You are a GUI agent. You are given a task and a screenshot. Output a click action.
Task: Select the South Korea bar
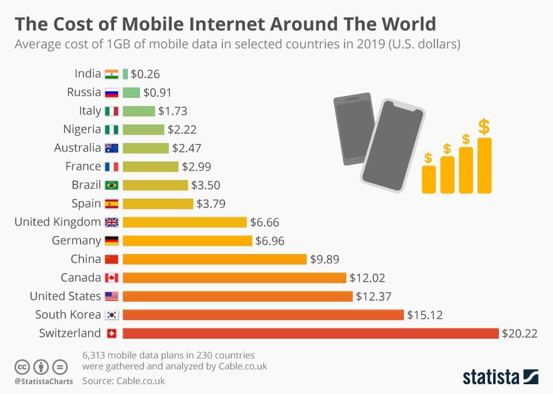point(263,315)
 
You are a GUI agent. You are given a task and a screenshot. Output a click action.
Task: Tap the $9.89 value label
point(324,259)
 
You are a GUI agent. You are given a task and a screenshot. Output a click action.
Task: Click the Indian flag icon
point(111,74)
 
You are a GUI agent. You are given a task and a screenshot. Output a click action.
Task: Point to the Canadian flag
point(111,278)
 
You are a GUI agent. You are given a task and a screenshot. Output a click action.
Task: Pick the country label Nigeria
point(82,130)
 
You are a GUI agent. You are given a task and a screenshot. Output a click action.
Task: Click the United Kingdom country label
point(58,222)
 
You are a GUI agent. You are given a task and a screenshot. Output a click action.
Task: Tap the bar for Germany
point(187,241)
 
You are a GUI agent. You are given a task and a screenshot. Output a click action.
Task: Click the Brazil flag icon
point(111,185)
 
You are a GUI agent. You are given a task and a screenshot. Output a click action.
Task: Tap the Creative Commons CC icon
point(22,367)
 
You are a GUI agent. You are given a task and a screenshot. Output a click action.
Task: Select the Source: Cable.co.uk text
point(123,381)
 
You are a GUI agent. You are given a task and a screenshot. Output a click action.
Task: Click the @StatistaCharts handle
point(43,381)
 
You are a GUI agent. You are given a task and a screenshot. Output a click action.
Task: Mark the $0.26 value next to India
point(145,74)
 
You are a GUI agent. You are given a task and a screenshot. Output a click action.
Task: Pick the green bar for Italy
point(139,111)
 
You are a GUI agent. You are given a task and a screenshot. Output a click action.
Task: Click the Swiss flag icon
point(111,334)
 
